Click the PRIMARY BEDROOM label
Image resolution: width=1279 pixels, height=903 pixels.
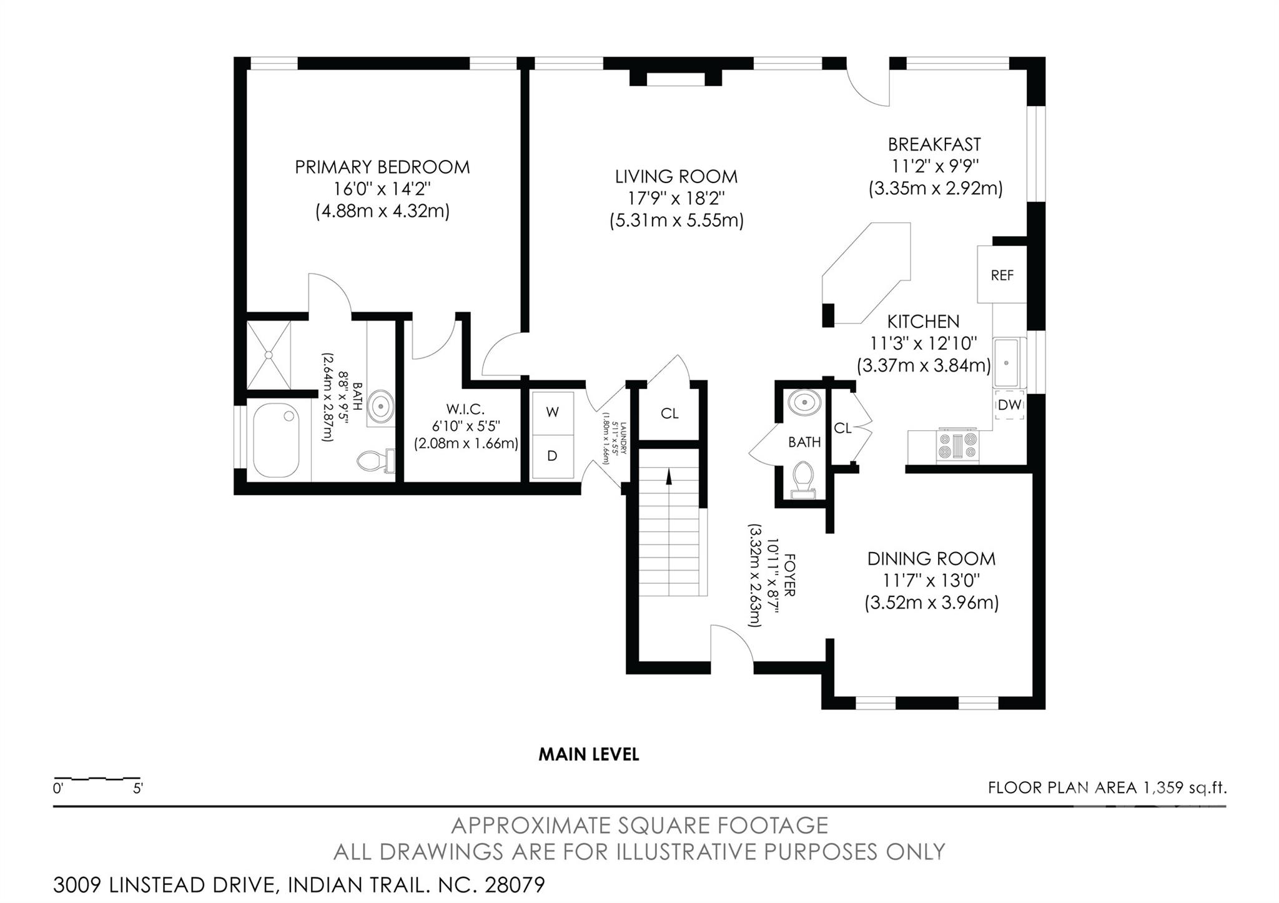tap(382, 167)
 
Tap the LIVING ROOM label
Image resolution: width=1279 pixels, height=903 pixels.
tap(676, 177)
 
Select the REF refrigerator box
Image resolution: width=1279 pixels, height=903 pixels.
tap(1002, 275)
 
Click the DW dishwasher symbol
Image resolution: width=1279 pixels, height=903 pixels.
tap(1009, 405)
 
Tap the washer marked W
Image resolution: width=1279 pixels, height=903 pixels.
tap(552, 412)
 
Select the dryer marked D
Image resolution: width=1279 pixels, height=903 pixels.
tap(552, 456)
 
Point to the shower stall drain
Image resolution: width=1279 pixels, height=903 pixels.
tap(269, 355)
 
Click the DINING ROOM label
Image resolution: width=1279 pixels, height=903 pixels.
tap(931, 558)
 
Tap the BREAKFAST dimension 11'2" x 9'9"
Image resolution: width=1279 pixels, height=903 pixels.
tap(935, 166)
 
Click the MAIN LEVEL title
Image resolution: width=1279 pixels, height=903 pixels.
tap(589, 754)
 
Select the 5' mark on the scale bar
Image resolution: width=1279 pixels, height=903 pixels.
tap(138, 788)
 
